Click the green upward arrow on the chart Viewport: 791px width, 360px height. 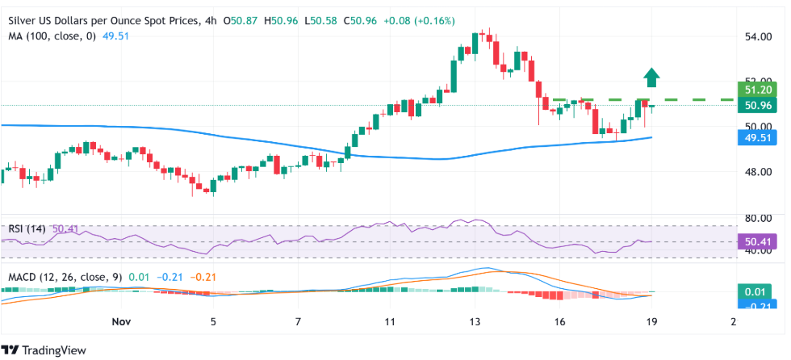(x=652, y=77)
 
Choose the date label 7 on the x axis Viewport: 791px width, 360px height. (x=298, y=322)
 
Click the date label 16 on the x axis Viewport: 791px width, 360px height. (x=559, y=322)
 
